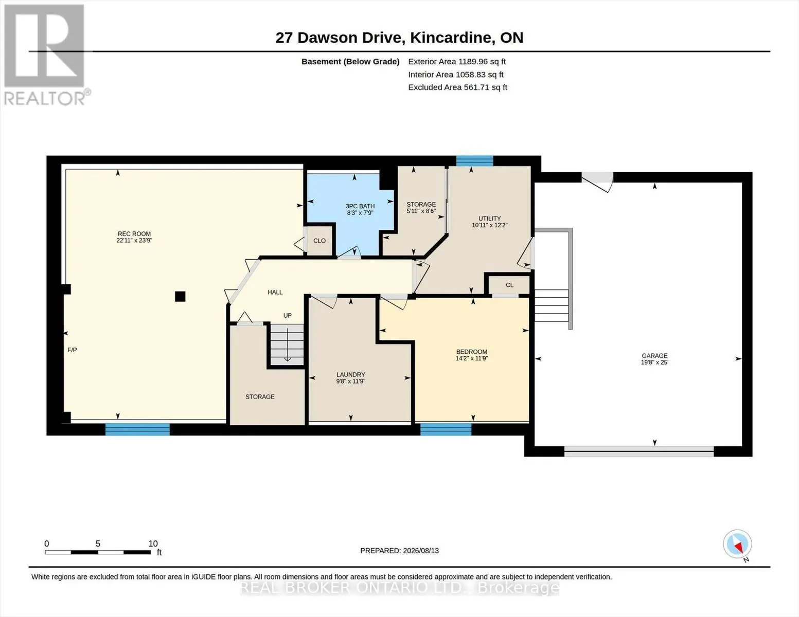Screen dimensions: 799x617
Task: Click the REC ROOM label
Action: (x=134, y=234)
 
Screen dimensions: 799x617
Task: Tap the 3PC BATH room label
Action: (x=360, y=206)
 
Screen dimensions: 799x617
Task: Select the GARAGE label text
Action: (x=654, y=356)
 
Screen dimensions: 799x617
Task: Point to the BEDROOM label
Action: (x=471, y=352)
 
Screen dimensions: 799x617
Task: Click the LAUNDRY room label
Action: (x=351, y=374)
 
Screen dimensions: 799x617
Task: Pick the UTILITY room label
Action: (x=489, y=219)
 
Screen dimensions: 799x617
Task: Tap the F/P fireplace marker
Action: (x=72, y=350)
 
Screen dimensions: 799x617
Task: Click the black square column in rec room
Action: (x=180, y=296)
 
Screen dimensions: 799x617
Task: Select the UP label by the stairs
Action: (x=288, y=315)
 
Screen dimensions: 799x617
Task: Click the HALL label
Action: (x=275, y=292)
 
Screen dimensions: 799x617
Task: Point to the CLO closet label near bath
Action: (x=319, y=241)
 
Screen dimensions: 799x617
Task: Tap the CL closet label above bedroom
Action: (x=510, y=285)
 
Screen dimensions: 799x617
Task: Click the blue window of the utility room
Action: (x=475, y=161)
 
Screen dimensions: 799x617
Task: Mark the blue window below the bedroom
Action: (x=446, y=429)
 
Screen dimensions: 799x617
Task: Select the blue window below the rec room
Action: (x=137, y=429)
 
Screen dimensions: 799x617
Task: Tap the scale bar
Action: (x=98, y=552)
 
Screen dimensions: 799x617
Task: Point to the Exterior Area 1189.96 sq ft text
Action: (x=457, y=62)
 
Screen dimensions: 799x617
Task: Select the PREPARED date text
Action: (x=400, y=551)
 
